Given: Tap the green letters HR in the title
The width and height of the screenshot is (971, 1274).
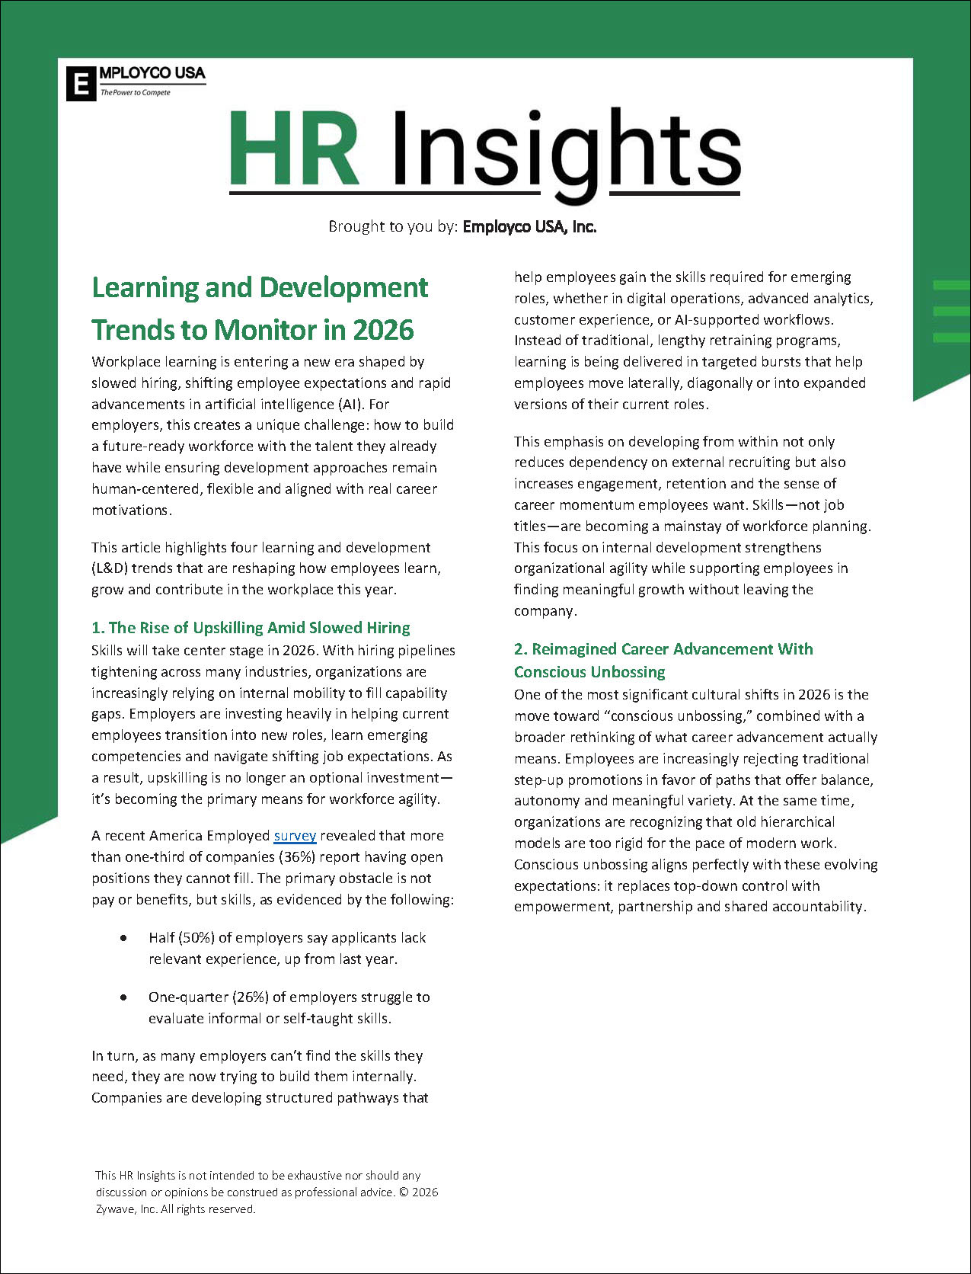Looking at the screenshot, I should pos(294,149).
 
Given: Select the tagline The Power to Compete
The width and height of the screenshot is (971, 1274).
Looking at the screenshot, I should pos(136,93).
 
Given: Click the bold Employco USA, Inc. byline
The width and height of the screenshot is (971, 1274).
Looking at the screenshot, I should pos(529,226).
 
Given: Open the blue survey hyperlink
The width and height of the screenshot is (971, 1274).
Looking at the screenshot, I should pos(295,836).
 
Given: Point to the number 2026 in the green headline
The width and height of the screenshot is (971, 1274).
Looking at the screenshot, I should pos(383,330).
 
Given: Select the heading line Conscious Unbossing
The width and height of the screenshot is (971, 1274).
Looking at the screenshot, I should pos(589,672).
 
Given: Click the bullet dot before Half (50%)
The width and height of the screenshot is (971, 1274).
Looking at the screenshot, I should pos(123,938).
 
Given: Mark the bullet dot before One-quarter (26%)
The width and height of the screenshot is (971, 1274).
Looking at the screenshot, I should pos(123,997).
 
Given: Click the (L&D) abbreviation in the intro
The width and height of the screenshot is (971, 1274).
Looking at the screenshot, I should pos(112,568).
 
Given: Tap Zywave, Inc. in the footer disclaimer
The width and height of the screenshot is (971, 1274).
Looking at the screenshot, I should pos(126,1209).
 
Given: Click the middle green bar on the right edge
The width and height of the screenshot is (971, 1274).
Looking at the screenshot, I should pos(951,311).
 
